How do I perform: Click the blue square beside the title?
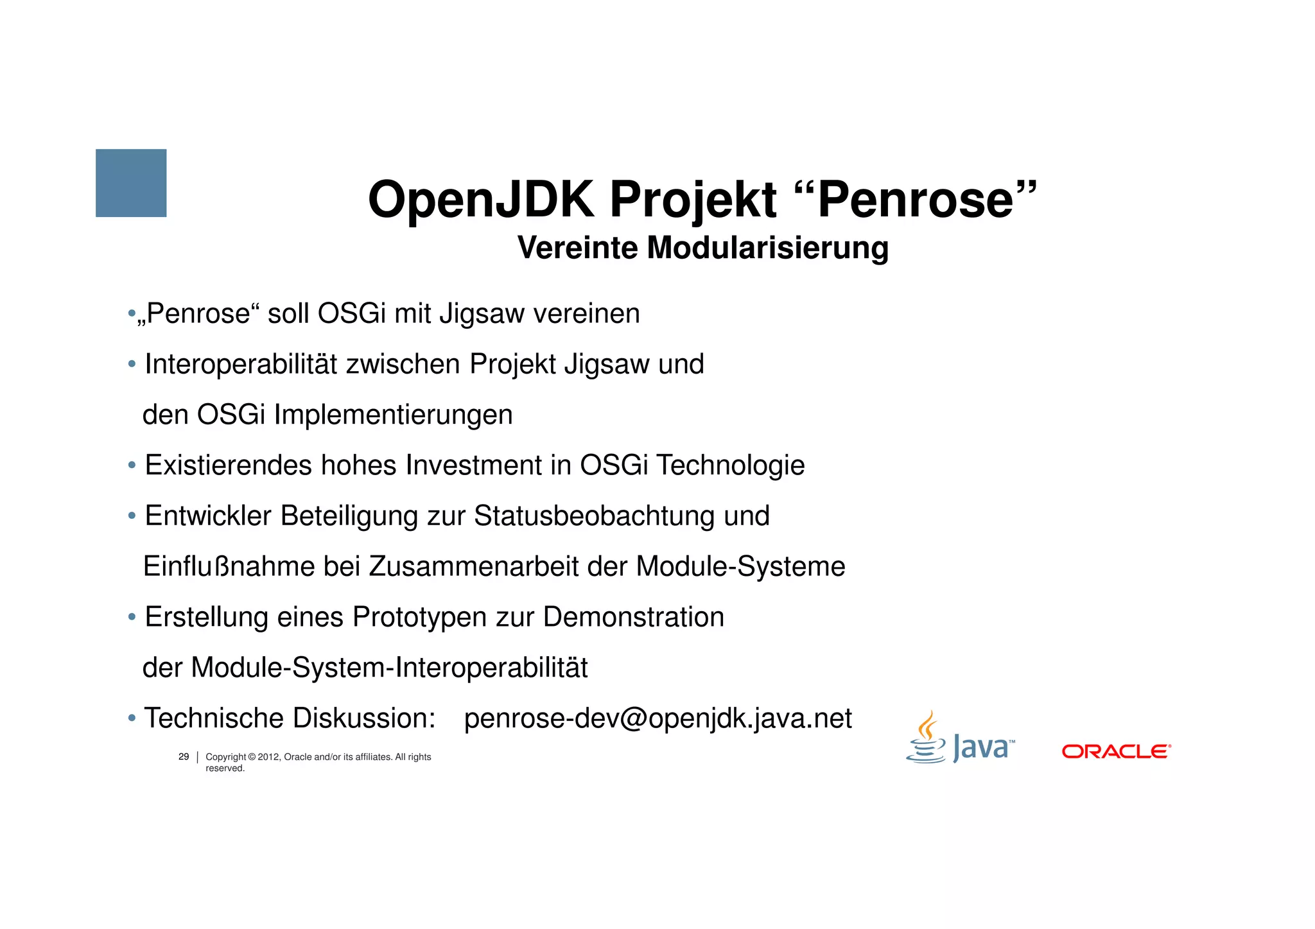click(x=131, y=183)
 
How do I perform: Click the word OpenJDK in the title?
click(x=481, y=200)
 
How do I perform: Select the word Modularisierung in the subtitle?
click(x=767, y=248)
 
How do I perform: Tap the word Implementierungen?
click(x=393, y=415)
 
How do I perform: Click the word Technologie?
click(x=730, y=465)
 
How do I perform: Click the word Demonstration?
click(x=633, y=617)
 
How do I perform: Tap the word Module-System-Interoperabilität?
click(x=389, y=668)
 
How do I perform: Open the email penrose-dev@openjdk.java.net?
click(x=657, y=718)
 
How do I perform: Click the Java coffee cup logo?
click(x=927, y=738)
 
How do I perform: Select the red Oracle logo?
click(x=1116, y=751)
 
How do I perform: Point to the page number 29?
click(x=184, y=757)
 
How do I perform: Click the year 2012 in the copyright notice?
click(x=268, y=757)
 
